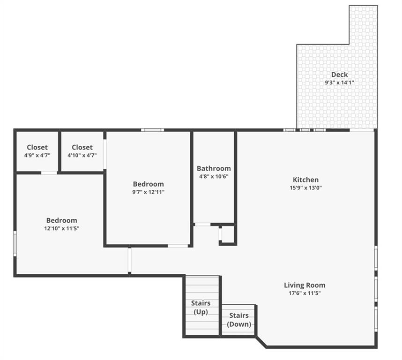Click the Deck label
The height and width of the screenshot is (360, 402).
339,75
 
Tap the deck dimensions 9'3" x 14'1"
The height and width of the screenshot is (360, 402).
339,82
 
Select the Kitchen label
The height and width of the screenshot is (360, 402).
305,180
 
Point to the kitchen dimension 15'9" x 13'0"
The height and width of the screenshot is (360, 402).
305,187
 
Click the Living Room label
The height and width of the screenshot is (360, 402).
305,285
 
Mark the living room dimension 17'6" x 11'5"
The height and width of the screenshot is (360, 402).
305,293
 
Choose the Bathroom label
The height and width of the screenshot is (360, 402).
214,168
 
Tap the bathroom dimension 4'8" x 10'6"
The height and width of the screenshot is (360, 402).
214,176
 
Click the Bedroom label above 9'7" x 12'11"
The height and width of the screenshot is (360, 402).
148,184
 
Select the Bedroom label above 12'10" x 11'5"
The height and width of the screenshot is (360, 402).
61,220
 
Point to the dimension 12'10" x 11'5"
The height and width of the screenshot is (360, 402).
61,228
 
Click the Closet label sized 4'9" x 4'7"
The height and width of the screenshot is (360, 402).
37,148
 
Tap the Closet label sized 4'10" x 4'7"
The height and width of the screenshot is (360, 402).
82,148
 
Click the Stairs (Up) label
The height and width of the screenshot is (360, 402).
201,307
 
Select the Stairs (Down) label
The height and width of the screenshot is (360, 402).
239,320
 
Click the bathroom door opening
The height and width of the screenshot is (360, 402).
203,225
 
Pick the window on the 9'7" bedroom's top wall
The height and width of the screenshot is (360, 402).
153,130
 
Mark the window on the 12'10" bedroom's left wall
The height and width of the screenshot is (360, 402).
15,243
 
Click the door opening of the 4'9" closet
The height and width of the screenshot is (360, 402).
49,173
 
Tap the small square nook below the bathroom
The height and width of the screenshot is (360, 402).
228,234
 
